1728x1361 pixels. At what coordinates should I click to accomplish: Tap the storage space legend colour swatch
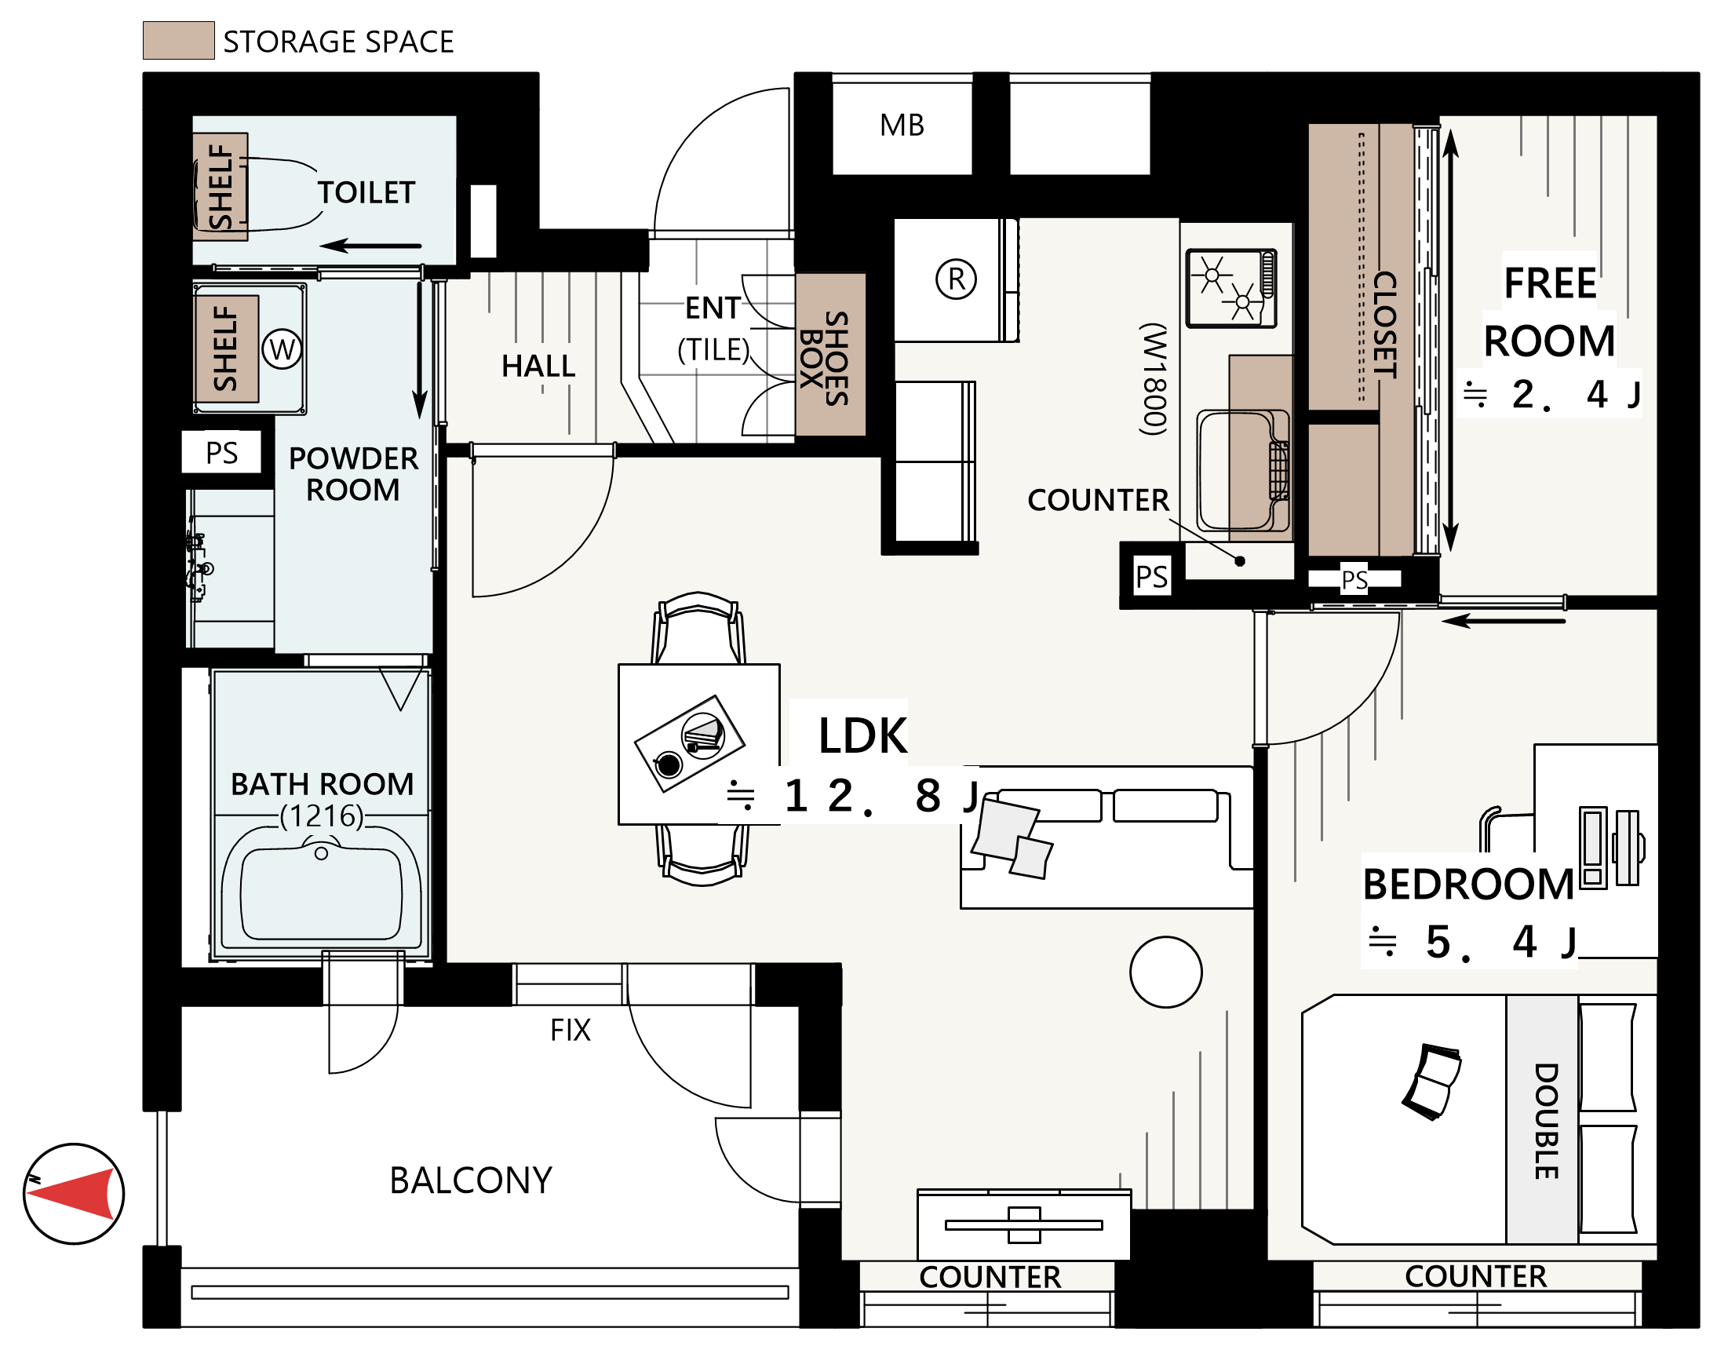point(178,41)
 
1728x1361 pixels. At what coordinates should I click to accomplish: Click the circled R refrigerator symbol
point(956,279)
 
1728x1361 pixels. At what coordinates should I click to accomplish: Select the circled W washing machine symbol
point(282,349)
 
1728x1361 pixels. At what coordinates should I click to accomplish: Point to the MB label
point(902,125)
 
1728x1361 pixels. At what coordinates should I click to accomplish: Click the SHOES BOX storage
point(830,356)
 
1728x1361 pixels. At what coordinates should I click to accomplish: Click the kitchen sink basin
point(1242,470)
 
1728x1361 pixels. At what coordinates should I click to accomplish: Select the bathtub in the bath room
point(321,887)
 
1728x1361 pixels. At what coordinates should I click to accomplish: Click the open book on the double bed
point(1431,1081)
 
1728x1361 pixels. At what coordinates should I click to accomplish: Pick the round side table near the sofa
point(1165,972)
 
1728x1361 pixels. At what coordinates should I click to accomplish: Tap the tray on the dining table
point(689,743)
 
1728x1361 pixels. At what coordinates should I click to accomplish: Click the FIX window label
point(571,1031)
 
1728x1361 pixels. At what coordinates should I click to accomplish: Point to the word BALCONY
point(471,1181)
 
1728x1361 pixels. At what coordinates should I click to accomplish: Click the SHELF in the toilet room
point(221,187)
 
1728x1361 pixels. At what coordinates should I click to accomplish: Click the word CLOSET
point(1384,324)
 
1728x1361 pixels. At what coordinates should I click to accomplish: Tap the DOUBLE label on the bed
point(1546,1121)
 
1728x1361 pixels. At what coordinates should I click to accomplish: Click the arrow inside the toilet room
point(370,246)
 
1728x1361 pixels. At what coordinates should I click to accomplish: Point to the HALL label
point(538,367)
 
